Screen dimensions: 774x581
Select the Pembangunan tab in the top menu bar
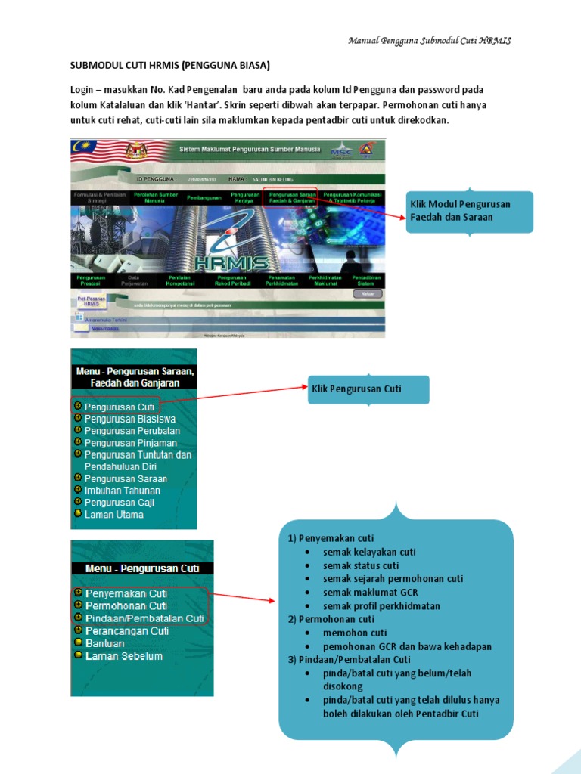(x=193, y=197)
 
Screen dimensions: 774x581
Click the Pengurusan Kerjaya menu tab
(x=241, y=197)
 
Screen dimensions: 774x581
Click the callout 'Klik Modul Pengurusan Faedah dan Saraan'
(x=470, y=211)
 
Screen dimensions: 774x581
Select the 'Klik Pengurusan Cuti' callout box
(x=368, y=389)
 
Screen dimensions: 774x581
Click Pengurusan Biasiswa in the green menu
(x=129, y=419)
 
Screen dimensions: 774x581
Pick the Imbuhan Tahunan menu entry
(x=122, y=491)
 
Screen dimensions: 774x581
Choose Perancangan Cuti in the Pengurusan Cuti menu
(x=126, y=630)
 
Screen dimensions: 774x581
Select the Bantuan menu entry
(x=104, y=643)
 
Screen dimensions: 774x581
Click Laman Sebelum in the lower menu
(x=123, y=656)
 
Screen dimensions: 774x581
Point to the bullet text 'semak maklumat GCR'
(x=370, y=593)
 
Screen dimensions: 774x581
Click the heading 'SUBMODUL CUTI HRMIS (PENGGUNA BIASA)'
(x=169, y=66)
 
